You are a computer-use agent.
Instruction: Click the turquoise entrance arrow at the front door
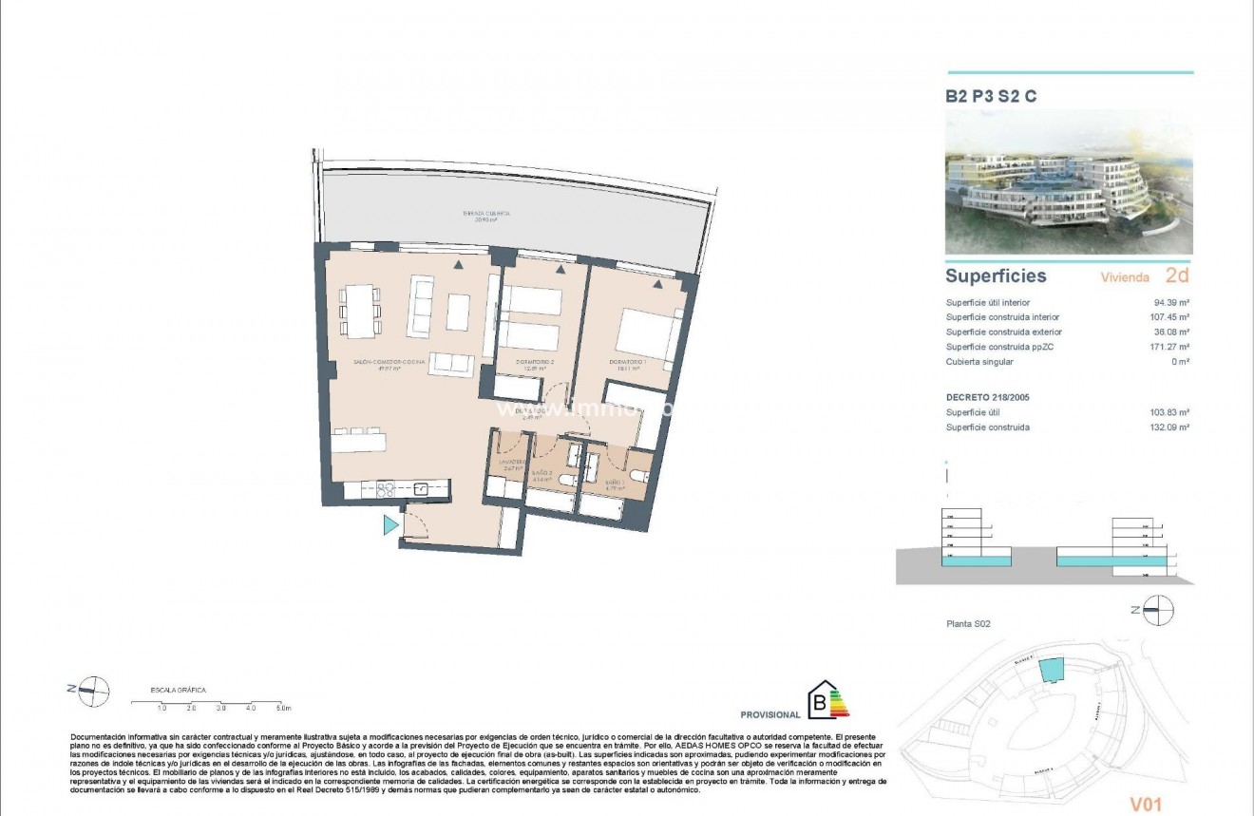point(390,525)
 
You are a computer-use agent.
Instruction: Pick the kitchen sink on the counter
point(420,489)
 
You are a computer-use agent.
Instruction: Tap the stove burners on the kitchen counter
point(387,490)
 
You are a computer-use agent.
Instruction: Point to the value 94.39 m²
point(1171,302)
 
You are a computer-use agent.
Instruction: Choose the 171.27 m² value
point(1169,347)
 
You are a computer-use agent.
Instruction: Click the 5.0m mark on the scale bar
point(283,709)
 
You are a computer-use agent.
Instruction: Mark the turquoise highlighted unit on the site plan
point(1052,670)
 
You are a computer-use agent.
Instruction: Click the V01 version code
point(1146,805)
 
